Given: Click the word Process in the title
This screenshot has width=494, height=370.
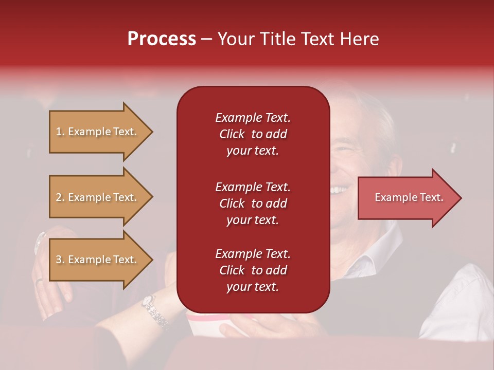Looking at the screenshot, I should pos(162,39).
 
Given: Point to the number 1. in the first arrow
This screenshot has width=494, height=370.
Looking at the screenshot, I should pos(60,132).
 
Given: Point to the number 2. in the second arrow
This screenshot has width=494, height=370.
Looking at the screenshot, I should pos(60,197).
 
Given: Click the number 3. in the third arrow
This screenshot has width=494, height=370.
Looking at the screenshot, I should pos(60,260).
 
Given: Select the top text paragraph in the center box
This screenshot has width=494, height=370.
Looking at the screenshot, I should pos(253,134).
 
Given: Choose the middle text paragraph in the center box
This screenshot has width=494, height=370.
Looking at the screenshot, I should pos(253,203).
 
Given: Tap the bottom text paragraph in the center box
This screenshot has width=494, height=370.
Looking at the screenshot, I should pos(253,270).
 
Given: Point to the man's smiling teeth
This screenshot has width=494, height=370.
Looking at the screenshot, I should pos(339,190).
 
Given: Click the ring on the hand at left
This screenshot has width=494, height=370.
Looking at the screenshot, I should pos(39,281).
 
